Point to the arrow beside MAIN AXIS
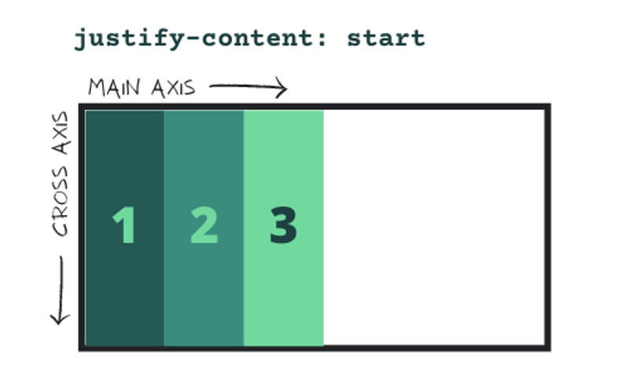pyautogui.click(x=247, y=88)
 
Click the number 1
pyautogui.click(x=124, y=225)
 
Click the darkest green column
pyautogui.click(x=124, y=157)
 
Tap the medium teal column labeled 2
pyautogui.click(x=204, y=157)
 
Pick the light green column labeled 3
pyautogui.click(x=283, y=157)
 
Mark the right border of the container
pyautogui.click(x=547, y=228)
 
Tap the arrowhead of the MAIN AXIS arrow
pyautogui.click(x=283, y=89)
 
